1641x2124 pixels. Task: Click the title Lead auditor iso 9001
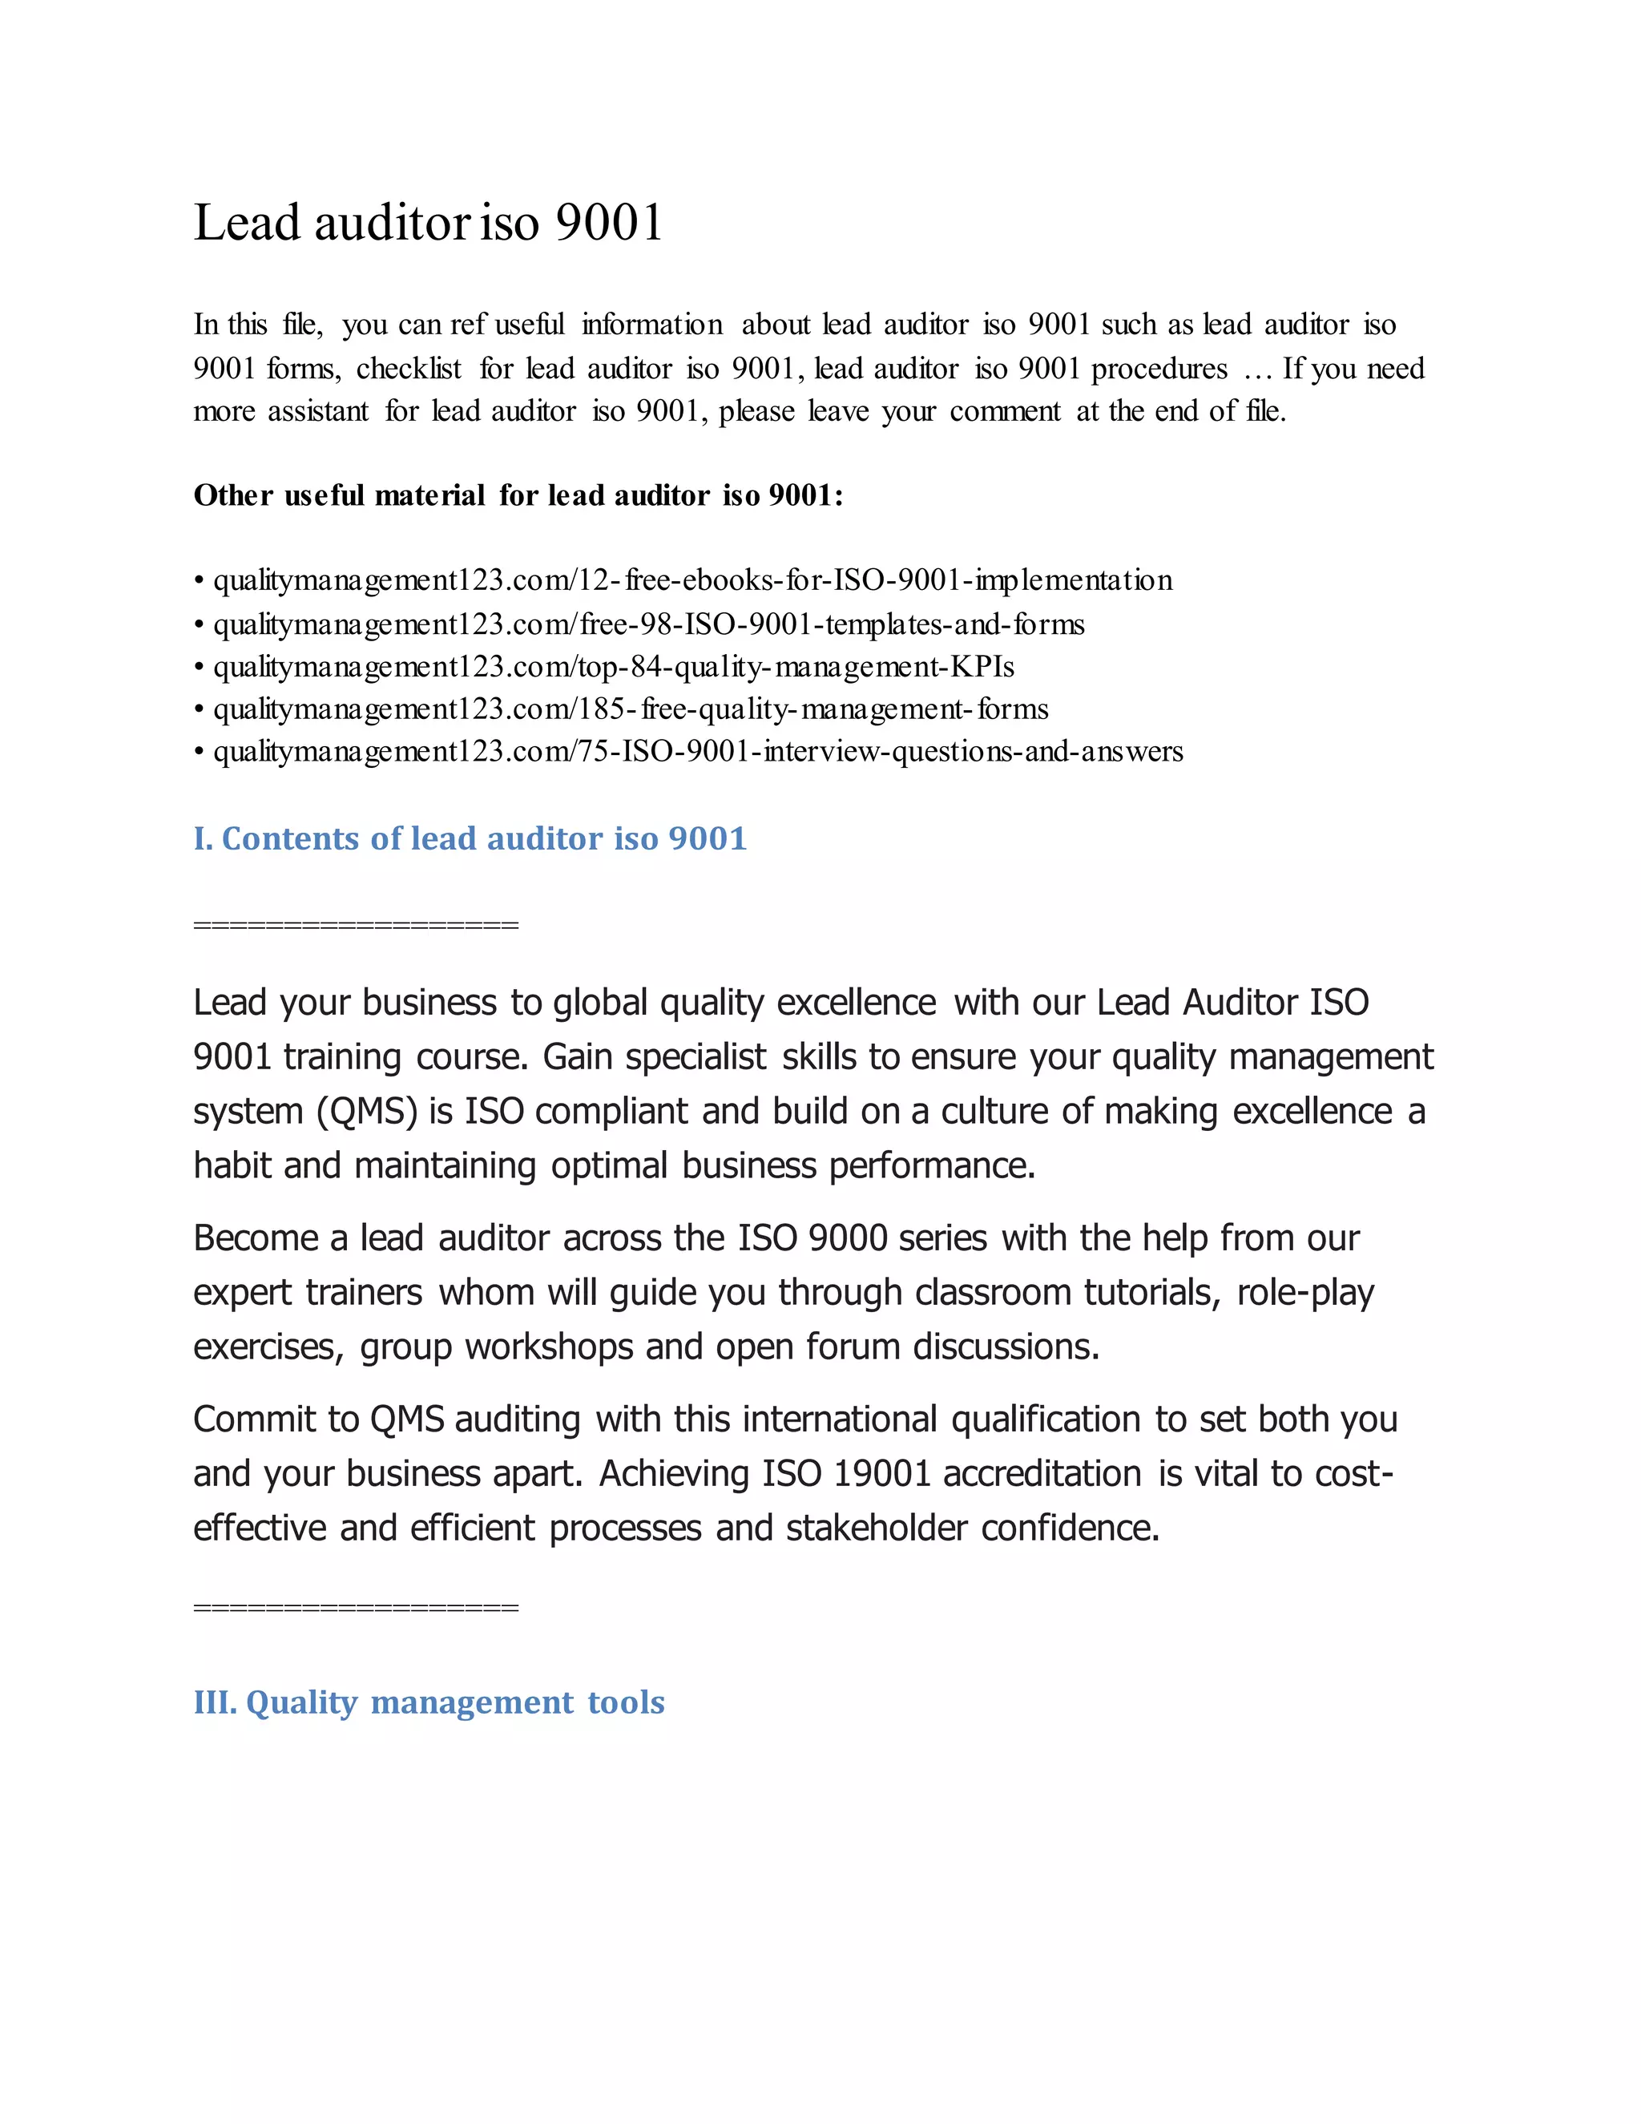click(x=428, y=223)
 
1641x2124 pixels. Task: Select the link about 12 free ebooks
click(x=692, y=580)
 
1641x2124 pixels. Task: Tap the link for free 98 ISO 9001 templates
click(x=648, y=624)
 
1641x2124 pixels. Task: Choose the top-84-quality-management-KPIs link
click(x=614, y=667)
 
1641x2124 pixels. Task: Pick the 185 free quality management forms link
click(x=630, y=710)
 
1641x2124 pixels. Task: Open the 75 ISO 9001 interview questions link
click(x=697, y=752)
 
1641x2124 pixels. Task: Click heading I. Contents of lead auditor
click(x=470, y=838)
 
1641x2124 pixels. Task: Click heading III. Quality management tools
click(x=429, y=1702)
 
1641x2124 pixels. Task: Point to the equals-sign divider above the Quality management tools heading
click(x=356, y=1608)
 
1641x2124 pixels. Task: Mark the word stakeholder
click(x=876, y=1528)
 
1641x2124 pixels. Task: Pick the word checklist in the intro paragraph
click(x=409, y=369)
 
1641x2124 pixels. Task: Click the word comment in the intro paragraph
click(x=1004, y=412)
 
